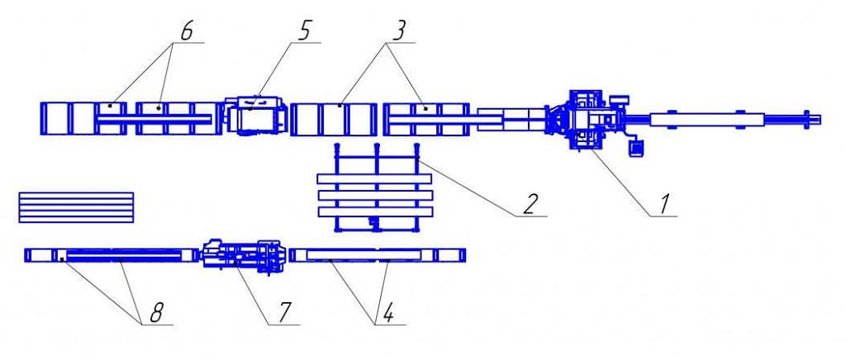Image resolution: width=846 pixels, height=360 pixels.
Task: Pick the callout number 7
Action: point(285,312)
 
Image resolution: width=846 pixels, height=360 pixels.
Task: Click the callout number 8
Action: point(156,312)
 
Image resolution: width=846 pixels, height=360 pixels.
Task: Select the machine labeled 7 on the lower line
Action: point(244,255)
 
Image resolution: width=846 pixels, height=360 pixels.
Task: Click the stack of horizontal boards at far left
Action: point(76,207)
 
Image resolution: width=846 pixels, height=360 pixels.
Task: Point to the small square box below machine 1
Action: point(637,147)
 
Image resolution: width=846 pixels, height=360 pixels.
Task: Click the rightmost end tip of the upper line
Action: point(820,119)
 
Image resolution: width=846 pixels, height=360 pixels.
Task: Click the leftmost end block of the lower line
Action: point(39,255)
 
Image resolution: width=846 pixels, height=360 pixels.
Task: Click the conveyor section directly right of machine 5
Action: point(334,119)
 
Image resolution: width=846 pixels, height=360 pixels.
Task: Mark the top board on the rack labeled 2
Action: point(374,179)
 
